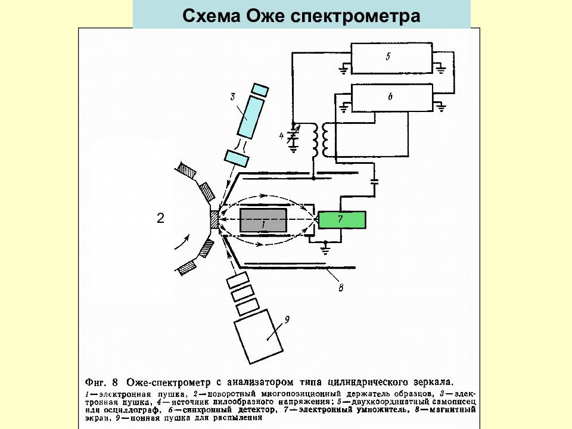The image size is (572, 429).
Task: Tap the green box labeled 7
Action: (x=341, y=220)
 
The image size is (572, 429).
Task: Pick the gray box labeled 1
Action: (x=263, y=220)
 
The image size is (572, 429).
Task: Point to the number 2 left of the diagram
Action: (x=160, y=219)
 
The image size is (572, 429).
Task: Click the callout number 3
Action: (x=234, y=96)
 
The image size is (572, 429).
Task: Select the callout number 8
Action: (x=341, y=288)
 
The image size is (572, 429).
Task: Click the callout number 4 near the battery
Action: (x=282, y=136)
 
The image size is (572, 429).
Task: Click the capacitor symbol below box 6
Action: (x=374, y=182)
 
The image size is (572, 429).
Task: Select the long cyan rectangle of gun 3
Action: (x=250, y=117)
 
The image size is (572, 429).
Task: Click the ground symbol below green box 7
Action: (x=325, y=245)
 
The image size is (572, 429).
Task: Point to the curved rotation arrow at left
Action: (x=182, y=241)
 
